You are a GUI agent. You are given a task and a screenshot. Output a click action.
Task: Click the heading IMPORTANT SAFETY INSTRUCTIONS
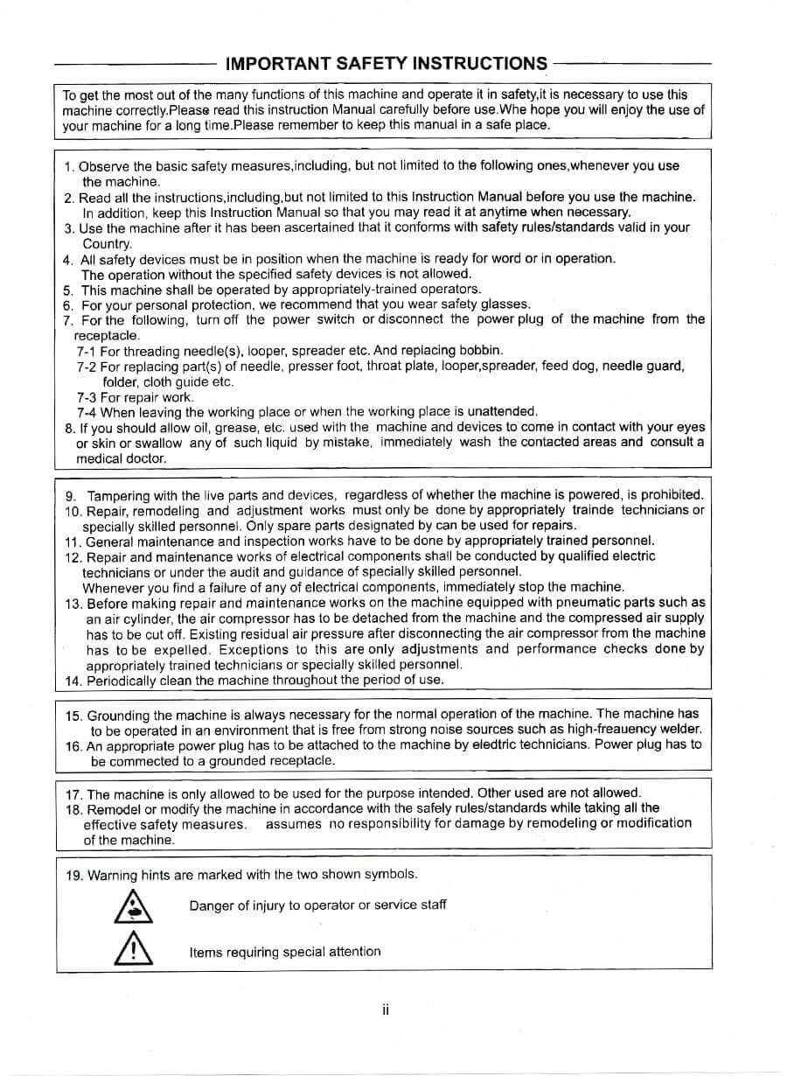pos(386,63)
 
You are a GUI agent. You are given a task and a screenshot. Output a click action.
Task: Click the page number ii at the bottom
pos(385,1010)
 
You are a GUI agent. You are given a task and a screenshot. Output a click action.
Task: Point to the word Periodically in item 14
pos(121,680)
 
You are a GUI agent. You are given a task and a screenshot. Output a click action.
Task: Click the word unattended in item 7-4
pos(504,411)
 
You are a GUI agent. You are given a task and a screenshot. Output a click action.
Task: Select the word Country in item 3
pos(106,243)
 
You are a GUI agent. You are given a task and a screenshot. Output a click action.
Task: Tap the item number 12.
pos(73,557)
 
